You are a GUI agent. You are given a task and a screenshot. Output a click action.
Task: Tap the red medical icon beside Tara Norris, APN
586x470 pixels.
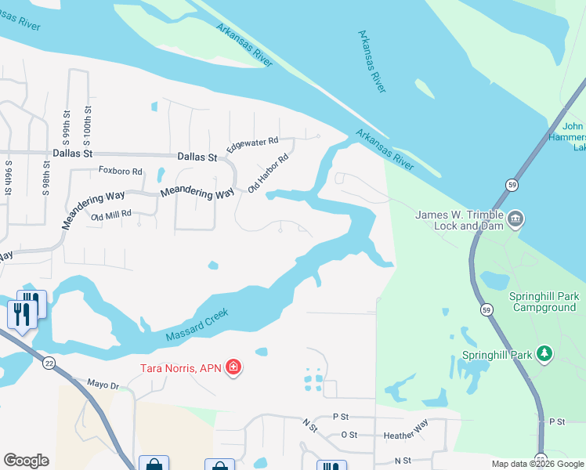(233, 367)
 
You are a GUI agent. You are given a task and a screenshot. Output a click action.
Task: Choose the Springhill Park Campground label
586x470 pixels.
(542, 302)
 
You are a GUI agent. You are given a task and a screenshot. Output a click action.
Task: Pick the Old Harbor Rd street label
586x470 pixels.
(269, 173)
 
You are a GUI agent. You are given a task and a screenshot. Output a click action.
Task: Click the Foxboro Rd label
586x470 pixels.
(120, 171)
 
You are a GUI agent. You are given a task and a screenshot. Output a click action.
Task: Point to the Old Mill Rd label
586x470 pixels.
(111, 215)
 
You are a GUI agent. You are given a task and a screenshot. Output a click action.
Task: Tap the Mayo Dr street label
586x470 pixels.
(103, 385)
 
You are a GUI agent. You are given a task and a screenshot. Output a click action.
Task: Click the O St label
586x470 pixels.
(349, 434)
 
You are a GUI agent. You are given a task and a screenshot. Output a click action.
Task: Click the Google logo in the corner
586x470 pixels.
(26, 461)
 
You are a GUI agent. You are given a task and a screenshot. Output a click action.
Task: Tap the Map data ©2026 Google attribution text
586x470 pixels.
(537, 464)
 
